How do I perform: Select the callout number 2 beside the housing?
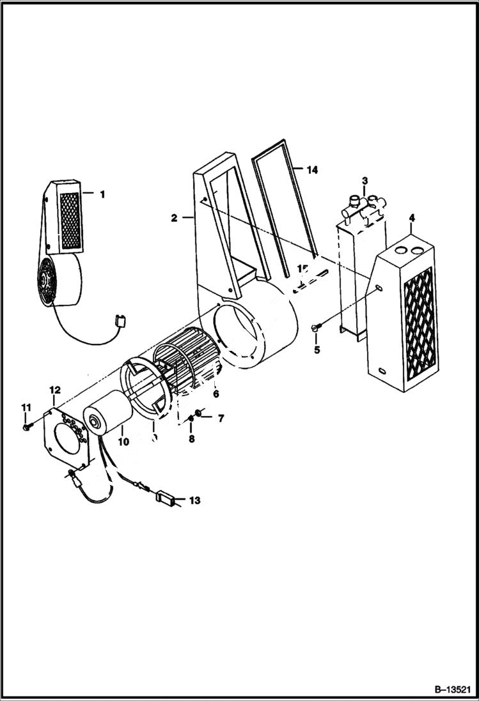pos(174,218)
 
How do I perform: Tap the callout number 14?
pos(311,170)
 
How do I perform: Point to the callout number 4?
pos(411,219)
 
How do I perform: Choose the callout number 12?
pos(54,390)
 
